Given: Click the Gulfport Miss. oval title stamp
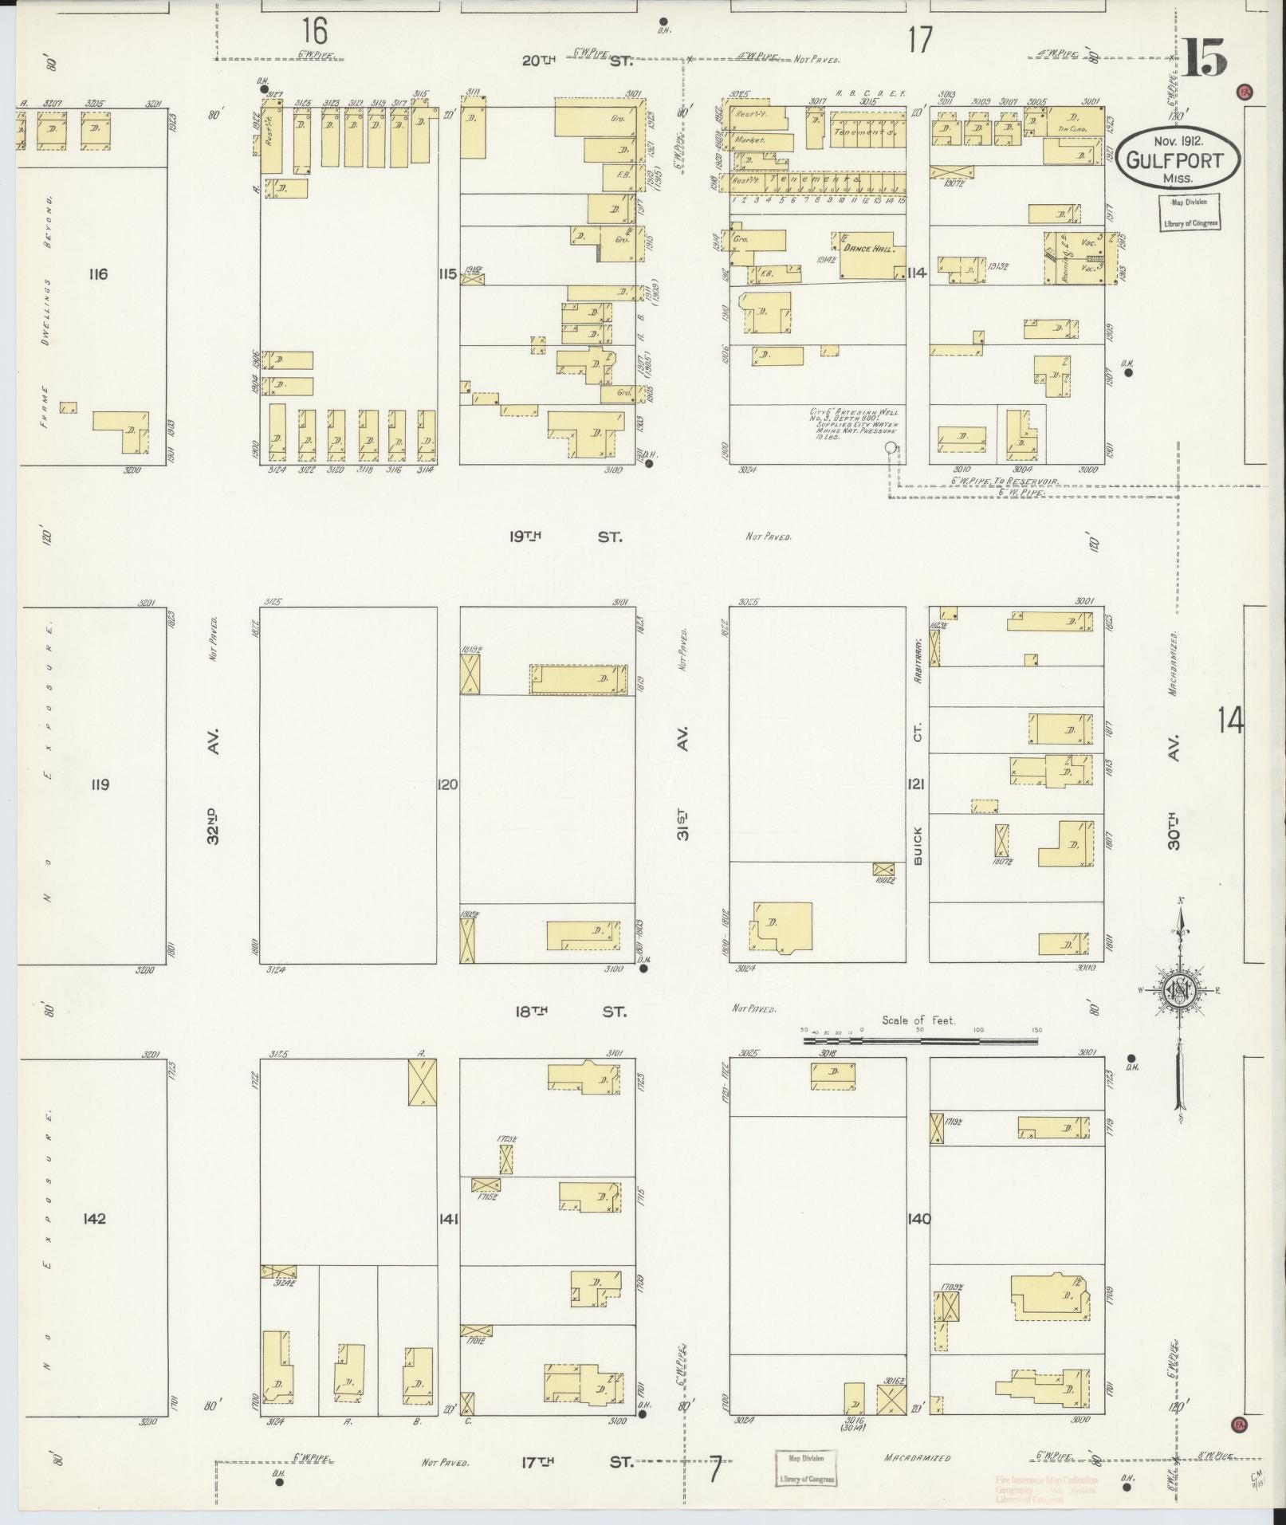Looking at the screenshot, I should point(1178,158).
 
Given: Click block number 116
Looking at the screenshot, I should point(98,275).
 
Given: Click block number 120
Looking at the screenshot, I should point(448,784).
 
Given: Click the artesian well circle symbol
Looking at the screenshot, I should point(891,448).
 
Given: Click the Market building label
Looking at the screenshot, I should point(750,140).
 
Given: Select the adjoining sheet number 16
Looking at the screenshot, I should point(314,32).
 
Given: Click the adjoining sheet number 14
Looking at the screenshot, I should point(1230,721).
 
